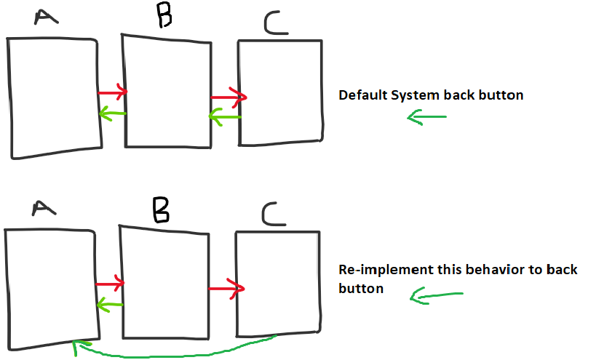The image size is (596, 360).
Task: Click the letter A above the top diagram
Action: click(46, 17)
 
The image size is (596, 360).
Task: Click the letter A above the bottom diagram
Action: click(44, 208)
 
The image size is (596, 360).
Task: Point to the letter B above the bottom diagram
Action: click(161, 210)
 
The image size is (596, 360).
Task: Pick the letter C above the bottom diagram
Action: click(274, 214)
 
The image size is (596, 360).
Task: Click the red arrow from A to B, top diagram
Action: click(113, 92)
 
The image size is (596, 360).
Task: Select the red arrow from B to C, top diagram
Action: click(229, 97)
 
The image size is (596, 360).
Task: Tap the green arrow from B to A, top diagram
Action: click(113, 113)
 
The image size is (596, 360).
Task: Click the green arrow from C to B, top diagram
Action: click(226, 117)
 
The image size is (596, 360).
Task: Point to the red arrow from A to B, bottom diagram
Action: click(110, 284)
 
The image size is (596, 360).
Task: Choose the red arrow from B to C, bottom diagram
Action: click(226, 289)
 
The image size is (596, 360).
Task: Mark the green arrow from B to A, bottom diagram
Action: click(110, 305)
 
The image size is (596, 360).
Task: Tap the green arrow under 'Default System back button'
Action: click(427, 117)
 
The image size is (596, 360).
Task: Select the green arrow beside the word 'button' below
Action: click(437, 295)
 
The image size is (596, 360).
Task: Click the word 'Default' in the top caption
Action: click(363, 95)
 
